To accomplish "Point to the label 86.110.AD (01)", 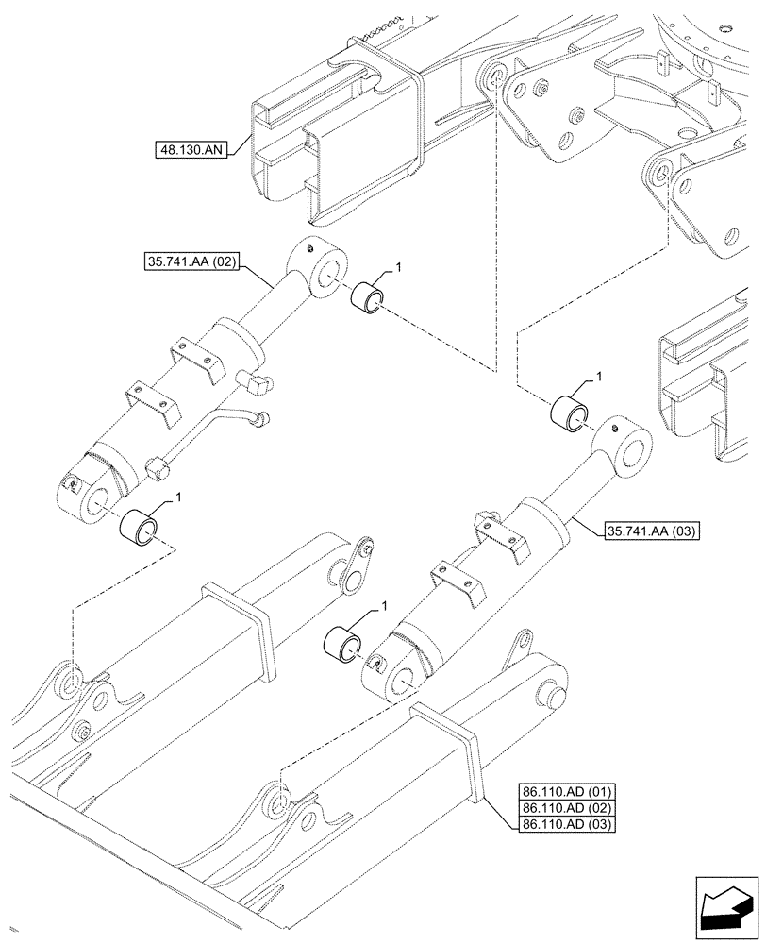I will [565, 790].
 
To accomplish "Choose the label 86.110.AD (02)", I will [565, 807].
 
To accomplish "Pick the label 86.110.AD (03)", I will [565, 824].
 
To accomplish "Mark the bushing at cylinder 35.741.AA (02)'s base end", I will [140, 526].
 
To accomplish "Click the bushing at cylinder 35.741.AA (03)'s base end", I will [341, 643].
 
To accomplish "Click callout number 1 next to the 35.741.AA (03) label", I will [597, 378].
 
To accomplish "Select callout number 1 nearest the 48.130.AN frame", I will [399, 270].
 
